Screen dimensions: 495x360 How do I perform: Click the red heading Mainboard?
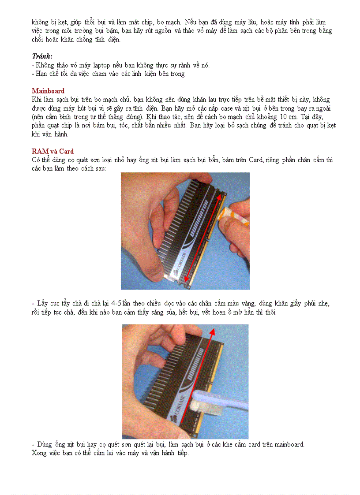(48, 91)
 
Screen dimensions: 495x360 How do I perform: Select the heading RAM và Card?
(52, 151)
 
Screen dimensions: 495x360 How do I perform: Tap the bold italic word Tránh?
(42, 56)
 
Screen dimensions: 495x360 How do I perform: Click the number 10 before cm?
(281, 117)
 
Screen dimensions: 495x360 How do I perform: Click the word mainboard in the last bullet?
(289, 444)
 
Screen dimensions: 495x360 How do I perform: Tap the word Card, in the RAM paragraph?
(256, 160)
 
